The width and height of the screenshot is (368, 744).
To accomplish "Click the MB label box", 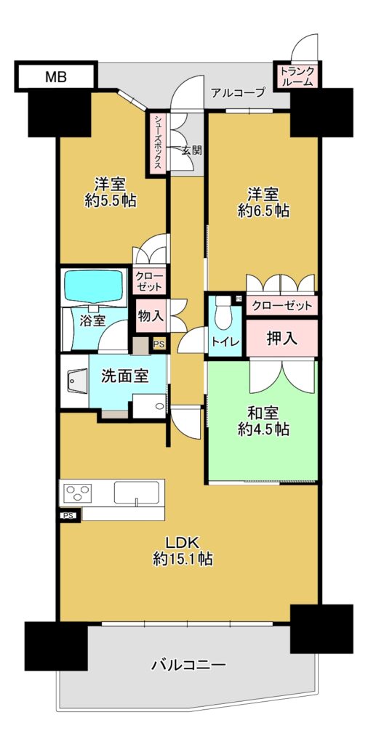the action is tap(56, 76).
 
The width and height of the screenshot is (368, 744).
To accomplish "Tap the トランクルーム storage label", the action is tap(297, 76).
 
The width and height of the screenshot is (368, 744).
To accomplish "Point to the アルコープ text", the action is tap(237, 92).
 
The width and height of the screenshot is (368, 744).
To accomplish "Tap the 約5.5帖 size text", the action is tap(109, 201).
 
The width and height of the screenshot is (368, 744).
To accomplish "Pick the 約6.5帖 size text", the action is tap(263, 211).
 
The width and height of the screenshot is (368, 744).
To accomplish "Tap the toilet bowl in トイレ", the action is tap(223, 312).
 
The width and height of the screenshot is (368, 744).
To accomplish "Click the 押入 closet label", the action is tap(282, 338).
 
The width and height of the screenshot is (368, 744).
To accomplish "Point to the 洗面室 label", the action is tap(125, 377).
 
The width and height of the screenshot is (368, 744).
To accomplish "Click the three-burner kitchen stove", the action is tap(79, 493).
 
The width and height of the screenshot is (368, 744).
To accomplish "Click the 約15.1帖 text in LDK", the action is tap(183, 559).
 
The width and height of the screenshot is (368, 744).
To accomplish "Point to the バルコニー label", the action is tap(188, 665).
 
